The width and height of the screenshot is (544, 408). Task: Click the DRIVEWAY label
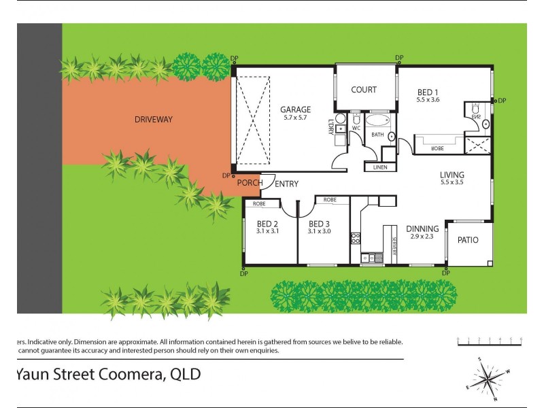click(x=153, y=120)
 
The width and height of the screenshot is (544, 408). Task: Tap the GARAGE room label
click(x=296, y=109)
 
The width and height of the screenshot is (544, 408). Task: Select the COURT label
click(x=364, y=90)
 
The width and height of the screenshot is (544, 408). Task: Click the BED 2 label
click(x=267, y=224)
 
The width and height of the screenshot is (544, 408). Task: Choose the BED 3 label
click(x=319, y=224)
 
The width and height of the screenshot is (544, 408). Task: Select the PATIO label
click(x=467, y=240)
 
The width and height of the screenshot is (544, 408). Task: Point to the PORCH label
click(x=249, y=184)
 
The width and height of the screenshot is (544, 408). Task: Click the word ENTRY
click(x=287, y=184)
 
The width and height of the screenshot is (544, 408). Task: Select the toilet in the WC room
click(x=356, y=118)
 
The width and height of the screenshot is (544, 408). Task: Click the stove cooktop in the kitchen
click(x=355, y=237)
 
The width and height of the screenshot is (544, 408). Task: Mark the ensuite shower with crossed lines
click(x=477, y=143)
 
